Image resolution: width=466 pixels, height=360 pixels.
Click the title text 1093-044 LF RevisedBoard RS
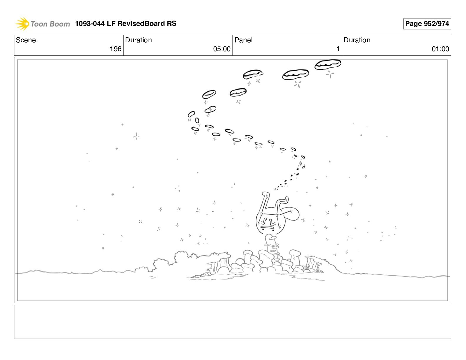click(x=126, y=23)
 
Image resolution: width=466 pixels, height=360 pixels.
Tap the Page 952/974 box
click(x=427, y=24)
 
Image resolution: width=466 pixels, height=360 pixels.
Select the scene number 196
click(x=115, y=49)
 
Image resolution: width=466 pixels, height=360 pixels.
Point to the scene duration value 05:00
click(x=222, y=49)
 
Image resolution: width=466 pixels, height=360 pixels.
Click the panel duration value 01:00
click(x=440, y=49)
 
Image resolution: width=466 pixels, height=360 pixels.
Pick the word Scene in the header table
click(x=26, y=40)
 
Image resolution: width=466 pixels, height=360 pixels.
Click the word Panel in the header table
click(x=243, y=40)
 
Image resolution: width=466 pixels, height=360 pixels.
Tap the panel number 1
click(x=338, y=49)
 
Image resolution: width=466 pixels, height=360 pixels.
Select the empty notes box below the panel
click(x=232, y=322)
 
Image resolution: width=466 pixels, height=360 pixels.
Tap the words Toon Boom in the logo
click(x=50, y=24)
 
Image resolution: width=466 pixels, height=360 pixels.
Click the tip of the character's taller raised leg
click(x=265, y=194)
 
